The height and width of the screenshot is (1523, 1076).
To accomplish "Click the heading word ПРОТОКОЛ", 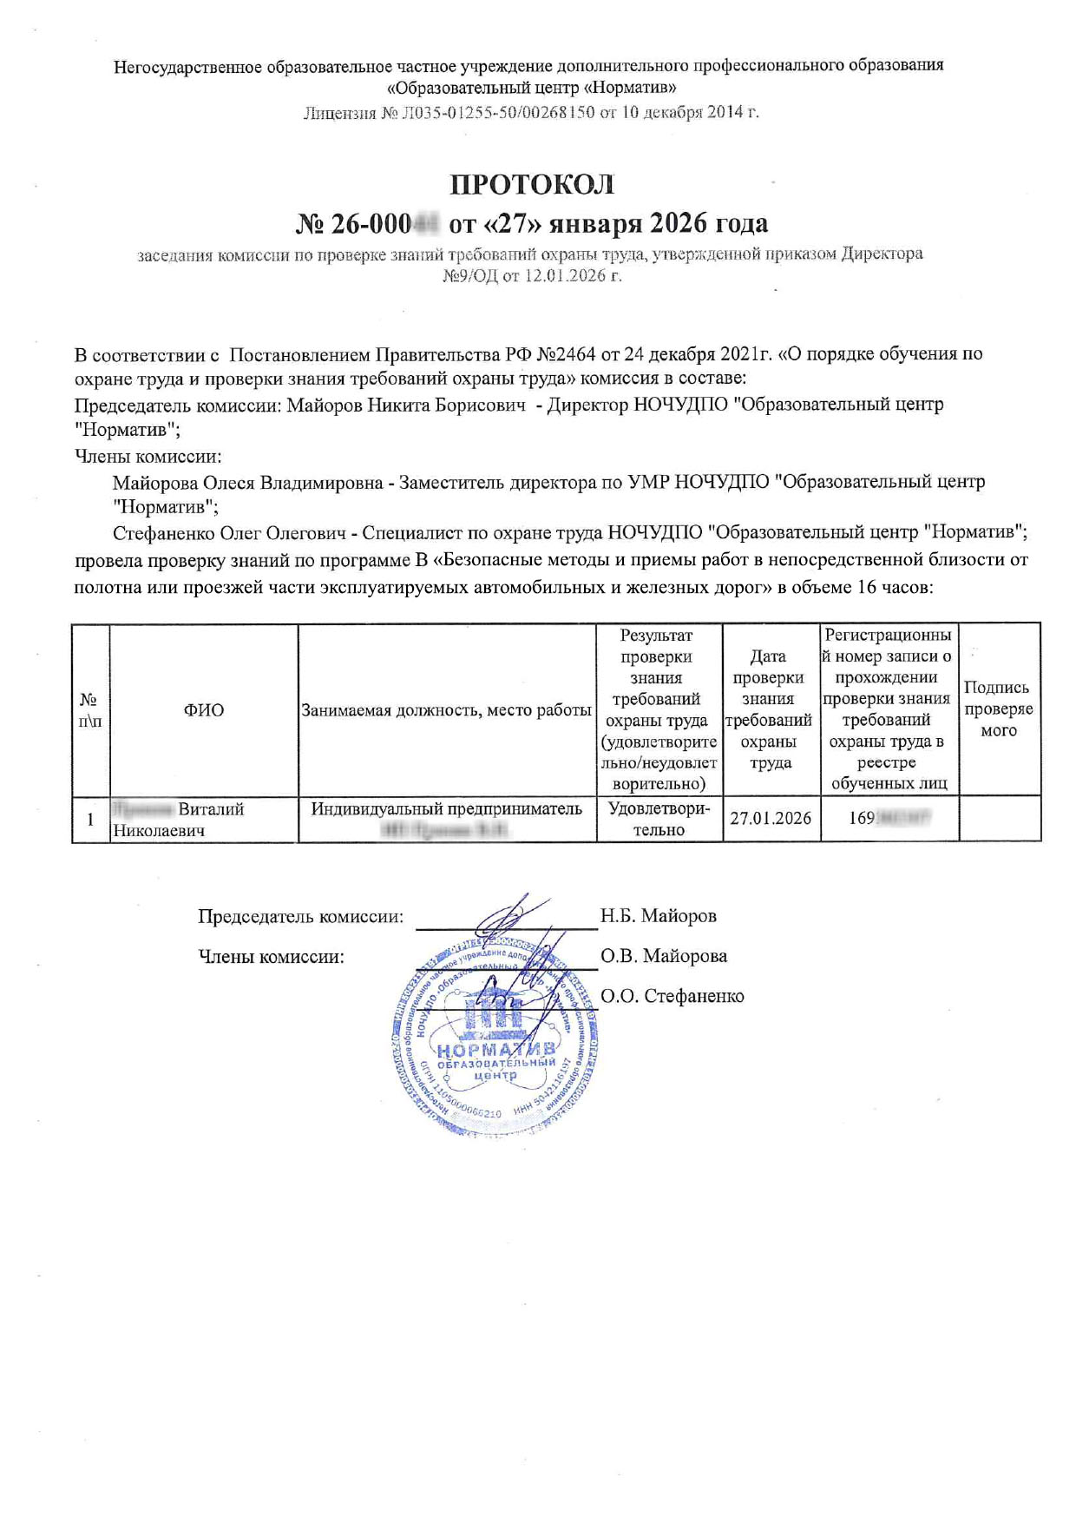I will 531,185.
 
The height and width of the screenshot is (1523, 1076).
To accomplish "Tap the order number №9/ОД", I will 469,276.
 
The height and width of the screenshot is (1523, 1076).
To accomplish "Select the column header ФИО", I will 203,709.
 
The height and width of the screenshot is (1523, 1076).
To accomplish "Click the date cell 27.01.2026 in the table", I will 771,818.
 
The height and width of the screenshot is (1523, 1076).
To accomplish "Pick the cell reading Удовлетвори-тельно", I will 659,819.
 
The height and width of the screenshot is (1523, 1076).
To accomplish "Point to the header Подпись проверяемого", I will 998,709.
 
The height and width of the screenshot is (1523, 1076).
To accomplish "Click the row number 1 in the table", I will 90,819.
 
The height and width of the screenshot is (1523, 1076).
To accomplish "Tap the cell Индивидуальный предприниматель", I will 446,809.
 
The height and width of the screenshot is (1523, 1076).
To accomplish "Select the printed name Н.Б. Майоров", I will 658,915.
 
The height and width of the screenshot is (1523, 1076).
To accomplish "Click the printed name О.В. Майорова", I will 663,956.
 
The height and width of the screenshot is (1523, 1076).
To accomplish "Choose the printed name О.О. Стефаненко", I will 672,996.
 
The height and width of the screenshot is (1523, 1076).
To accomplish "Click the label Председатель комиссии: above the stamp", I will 300,916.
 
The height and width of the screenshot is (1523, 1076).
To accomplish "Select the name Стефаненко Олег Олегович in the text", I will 234,532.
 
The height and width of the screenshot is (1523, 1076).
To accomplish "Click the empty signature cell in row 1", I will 999,819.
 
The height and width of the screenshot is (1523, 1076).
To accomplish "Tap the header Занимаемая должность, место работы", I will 446,709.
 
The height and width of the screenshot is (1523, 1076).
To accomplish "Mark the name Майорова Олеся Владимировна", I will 247,482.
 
